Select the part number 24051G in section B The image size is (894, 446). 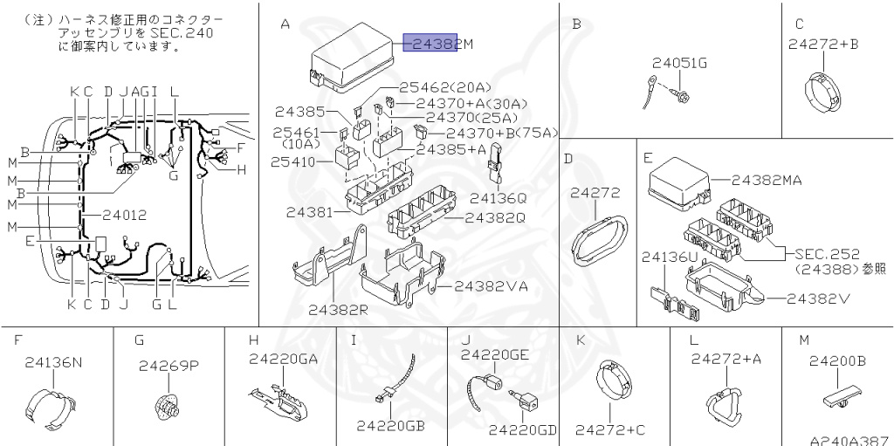680,62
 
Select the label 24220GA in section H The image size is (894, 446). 284,358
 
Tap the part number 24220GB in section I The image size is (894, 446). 390,425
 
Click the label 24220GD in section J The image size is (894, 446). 522,429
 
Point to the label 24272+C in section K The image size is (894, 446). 610,429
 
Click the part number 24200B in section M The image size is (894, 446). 836,360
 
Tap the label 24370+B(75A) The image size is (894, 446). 501,133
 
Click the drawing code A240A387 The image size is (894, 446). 849,441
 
